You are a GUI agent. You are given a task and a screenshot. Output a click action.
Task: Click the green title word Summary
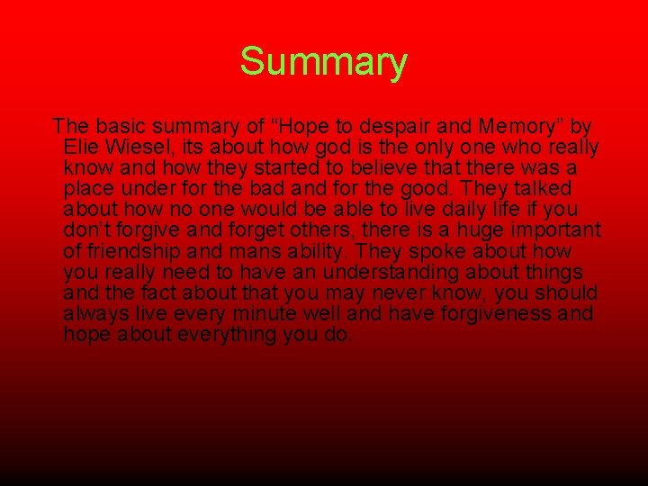click(323, 63)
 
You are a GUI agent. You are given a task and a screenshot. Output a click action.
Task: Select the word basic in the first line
click(114, 126)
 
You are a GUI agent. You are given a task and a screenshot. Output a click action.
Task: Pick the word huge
click(463, 230)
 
